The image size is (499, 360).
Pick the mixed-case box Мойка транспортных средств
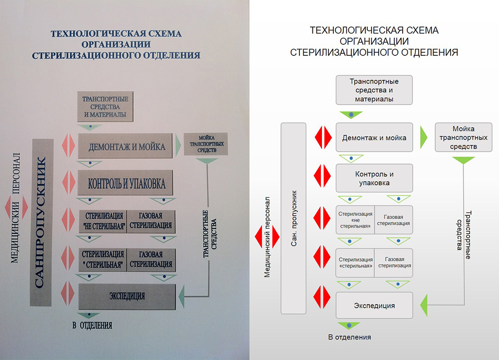(463, 138)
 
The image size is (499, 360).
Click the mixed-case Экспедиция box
(374, 305)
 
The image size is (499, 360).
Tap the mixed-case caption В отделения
(349, 338)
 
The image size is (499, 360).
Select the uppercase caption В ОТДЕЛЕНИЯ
(92, 326)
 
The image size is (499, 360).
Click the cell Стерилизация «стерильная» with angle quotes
(355, 263)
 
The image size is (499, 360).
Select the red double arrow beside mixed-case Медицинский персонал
(262, 236)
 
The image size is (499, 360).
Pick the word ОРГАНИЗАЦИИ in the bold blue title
(116, 44)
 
